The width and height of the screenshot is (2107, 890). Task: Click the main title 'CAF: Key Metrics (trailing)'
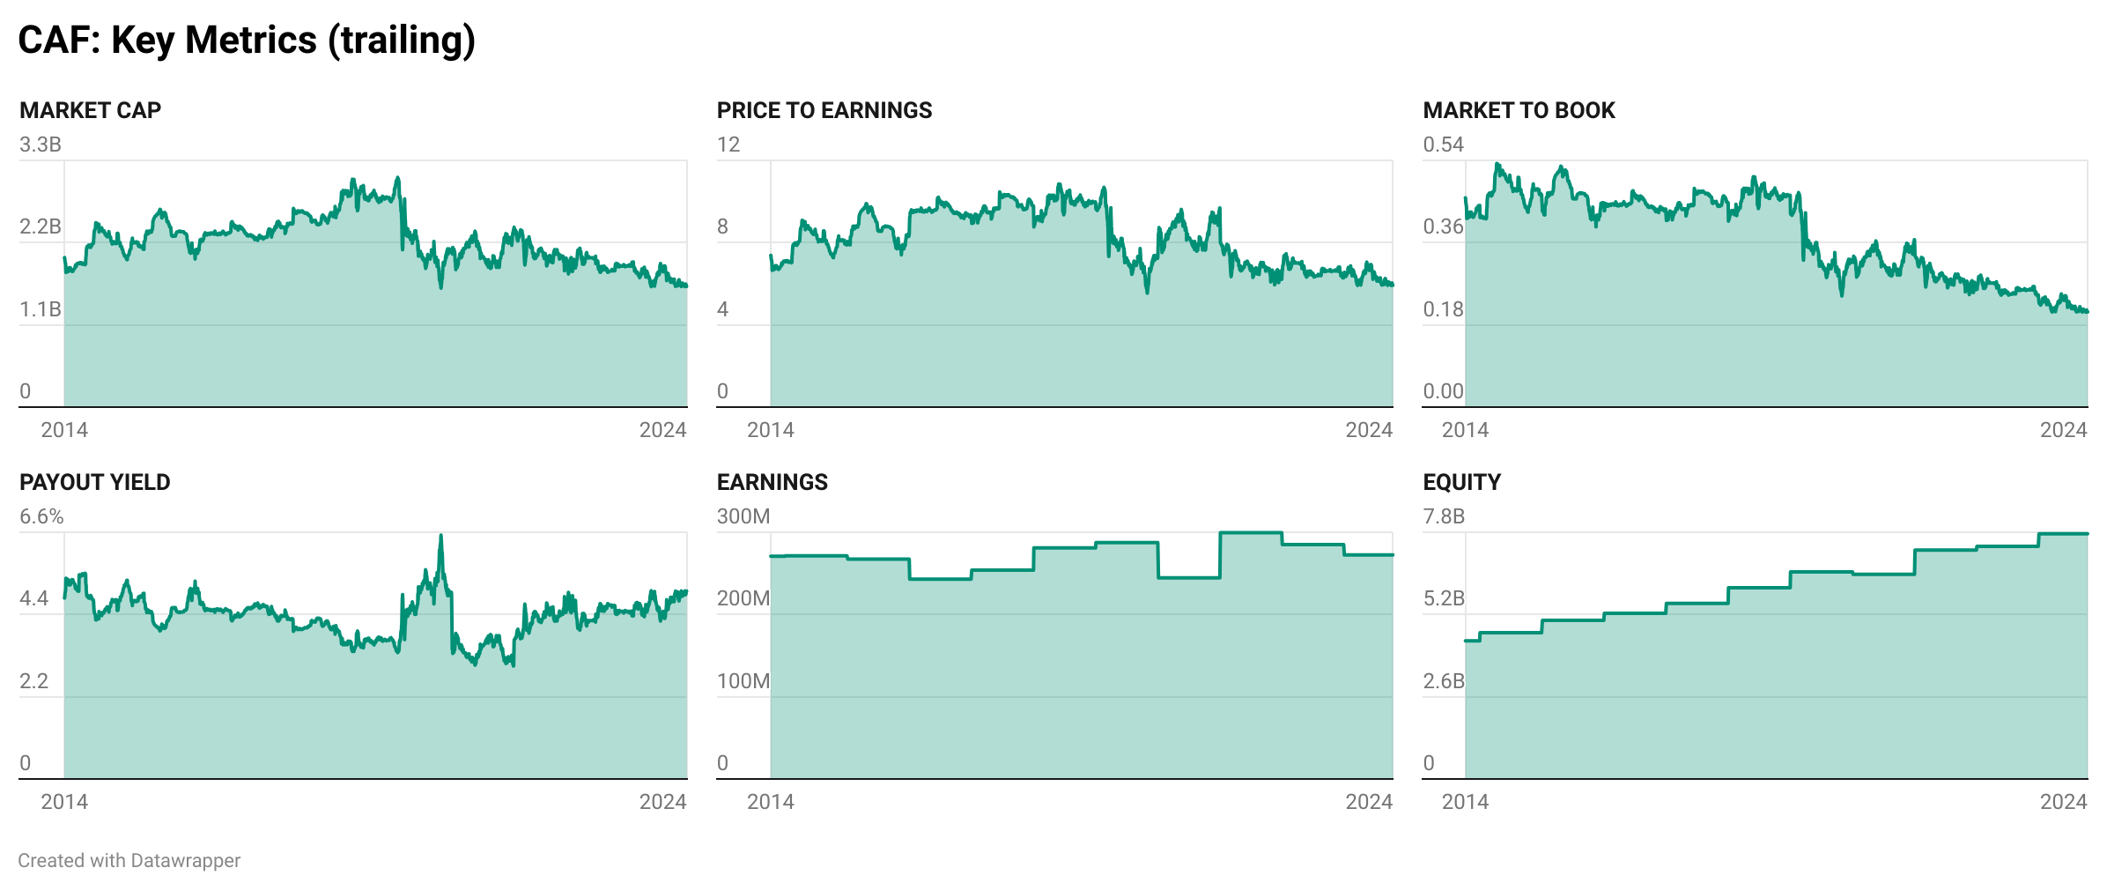pos(247,41)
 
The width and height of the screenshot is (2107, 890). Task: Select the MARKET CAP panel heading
pos(90,110)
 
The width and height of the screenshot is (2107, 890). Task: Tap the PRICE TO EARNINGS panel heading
pos(824,110)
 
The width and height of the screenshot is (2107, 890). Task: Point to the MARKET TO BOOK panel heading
pos(1519,110)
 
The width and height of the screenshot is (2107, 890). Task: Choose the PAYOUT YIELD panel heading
pos(94,482)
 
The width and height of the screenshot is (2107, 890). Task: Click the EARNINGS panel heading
pos(772,482)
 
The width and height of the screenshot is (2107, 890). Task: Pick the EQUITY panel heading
pos(1461,482)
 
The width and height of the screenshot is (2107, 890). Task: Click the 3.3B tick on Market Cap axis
pos(41,145)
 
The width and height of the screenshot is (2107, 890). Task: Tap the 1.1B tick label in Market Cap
pos(41,309)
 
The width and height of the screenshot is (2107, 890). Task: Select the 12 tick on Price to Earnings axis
pos(728,145)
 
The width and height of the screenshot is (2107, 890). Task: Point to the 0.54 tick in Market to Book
pos(1443,145)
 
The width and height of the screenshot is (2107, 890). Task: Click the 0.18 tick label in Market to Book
pos(1443,309)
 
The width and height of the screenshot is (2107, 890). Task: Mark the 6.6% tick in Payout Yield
pos(41,516)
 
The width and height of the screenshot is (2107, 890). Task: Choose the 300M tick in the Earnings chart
pos(743,516)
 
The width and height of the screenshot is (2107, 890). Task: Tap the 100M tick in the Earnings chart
pos(743,681)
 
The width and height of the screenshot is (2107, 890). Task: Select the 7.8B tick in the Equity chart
pos(1444,516)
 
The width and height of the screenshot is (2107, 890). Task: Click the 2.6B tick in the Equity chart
pos(1444,681)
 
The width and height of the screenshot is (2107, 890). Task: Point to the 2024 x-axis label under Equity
pos(2063,802)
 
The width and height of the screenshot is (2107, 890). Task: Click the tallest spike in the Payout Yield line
pos(440,536)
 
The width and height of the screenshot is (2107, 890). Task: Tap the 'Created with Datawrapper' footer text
pos(129,861)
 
